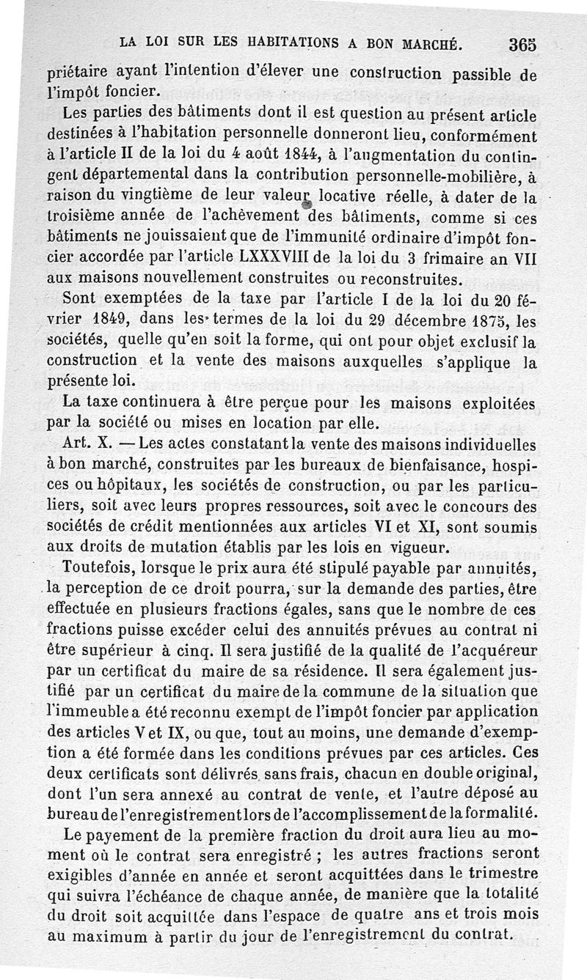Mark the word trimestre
499,874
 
